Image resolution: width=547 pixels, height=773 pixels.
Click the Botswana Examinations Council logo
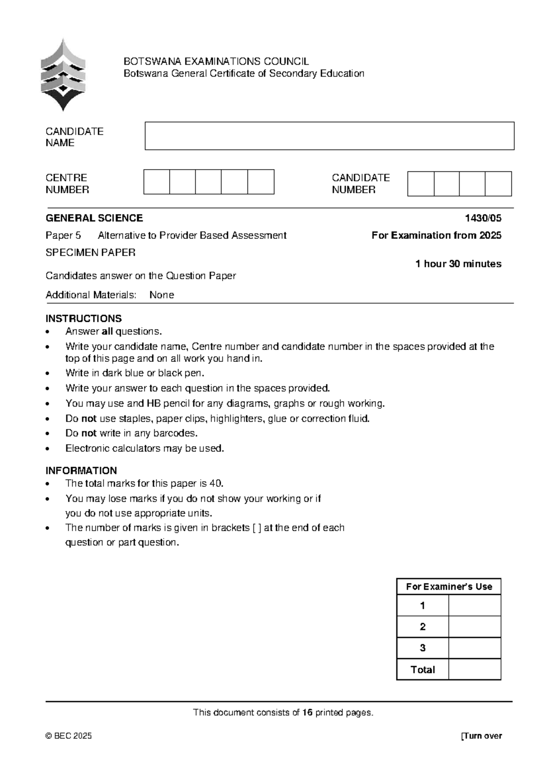62,75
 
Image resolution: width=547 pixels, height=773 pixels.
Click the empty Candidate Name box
329,136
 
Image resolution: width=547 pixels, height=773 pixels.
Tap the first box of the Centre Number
156,182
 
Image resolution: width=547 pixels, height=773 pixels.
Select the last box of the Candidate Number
498,184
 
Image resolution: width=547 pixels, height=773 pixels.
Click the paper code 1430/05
483,218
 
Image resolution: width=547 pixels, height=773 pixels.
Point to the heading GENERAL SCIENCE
94,218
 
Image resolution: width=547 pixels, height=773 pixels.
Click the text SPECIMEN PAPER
90,253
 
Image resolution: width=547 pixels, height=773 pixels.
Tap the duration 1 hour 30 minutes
458,264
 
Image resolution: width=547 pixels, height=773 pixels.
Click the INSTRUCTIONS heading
83,318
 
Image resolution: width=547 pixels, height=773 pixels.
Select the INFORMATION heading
81,470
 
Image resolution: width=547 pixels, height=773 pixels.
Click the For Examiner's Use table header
449,587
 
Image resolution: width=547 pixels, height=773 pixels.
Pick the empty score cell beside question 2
475,627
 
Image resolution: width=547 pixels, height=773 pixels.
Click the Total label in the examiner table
423,670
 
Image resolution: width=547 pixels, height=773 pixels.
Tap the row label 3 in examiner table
423,648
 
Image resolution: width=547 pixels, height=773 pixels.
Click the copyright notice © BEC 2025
68,736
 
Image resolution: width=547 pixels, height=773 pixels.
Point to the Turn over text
482,736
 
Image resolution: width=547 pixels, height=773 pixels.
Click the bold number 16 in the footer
307,712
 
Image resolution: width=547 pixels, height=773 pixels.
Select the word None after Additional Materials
161,295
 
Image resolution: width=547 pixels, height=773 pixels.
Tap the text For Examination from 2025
436,235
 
